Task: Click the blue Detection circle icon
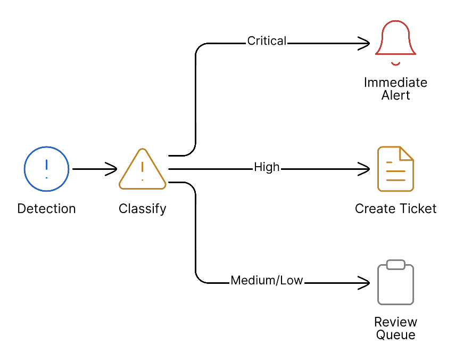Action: pyautogui.click(x=47, y=169)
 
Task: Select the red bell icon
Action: pyautogui.click(x=395, y=40)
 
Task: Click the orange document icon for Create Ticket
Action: pyautogui.click(x=395, y=169)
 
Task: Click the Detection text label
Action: pyautogui.click(x=47, y=209)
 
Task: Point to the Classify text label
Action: pyautogui.click(x=142, y=209)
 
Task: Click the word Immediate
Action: pyautogui.click(x=395, y=83)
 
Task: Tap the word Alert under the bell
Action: pyautogui.click(x=395, y=96)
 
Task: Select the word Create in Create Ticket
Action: pyautogui.click(x=374, y=209)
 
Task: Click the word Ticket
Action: pyautogui.click(x=418, y=209)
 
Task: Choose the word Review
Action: pyautogui.click(x=395, y=322)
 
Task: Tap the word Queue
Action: pyautogui.click(x=395, y=335)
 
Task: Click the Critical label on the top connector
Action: pyautogui.click(x=267, y=41)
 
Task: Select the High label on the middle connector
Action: pyautogui.click(x=267, y=167)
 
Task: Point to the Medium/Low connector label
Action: pyautogui.click(x=267, y=281)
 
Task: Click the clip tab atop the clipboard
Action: pyautogui.click(x=395, y=265)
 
